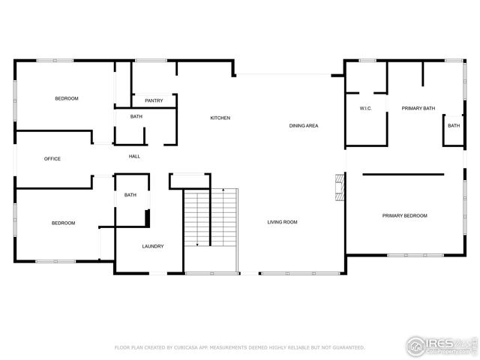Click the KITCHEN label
pos(220,118)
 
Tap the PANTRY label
pos(154,100)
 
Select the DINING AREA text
pos(304,125)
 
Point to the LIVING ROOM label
pos(283,222)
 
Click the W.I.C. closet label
pos(366,109)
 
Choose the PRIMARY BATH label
pos(418,109)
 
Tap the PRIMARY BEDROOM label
pos(404,216)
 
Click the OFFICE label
pos(52,159)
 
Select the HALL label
pos(134,157)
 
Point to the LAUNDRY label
pos(153,247)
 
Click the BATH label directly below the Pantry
pos(136,117)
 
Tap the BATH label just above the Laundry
pos(130,196)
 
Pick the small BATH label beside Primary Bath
pos(454,126)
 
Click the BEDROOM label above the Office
pos(66,99)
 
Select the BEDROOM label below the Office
pos(63,223)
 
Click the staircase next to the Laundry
pos(211,217)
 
